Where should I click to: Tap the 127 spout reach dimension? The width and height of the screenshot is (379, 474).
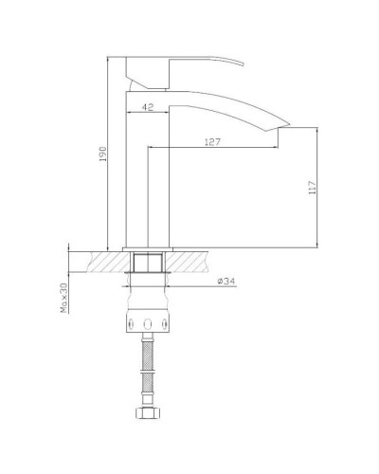point(214,142)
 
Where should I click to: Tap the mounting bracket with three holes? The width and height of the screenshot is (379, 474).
point(147,325)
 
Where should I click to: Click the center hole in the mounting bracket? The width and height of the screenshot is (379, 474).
point(147,325)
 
